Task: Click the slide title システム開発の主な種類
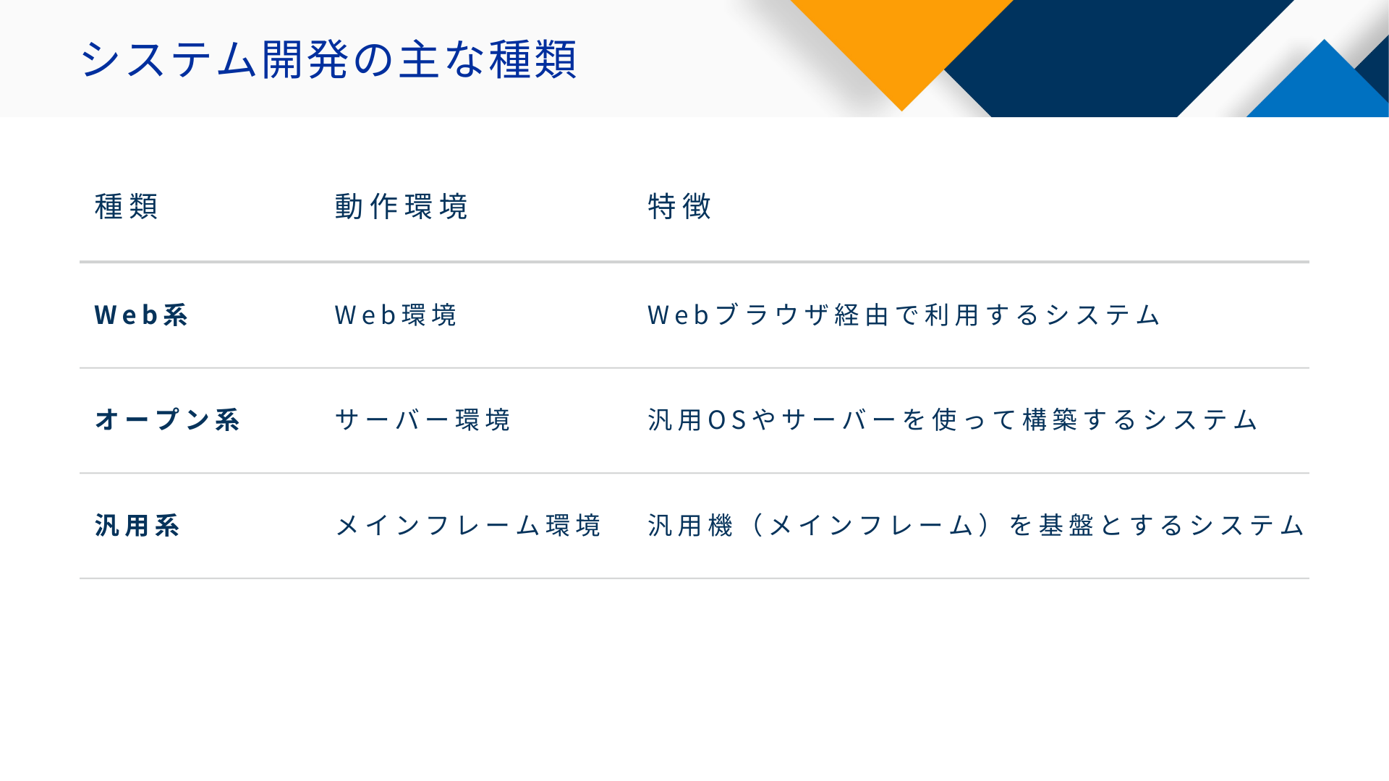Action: coord(328,59)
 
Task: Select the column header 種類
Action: coord(127,207)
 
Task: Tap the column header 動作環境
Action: coord(402,207)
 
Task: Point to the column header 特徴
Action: coord(680,207)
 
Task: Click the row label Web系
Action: coord(142,315)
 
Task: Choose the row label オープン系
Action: coord(168,420)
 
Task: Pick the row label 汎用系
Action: coord(137,526)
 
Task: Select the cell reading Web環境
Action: coord(396,315)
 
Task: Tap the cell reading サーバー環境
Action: coord(423,420)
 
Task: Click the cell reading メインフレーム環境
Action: coord(469,526)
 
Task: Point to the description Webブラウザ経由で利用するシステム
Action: coord(904,315)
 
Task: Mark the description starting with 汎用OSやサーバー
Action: coord(953,420)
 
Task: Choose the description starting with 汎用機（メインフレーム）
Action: coord(977,526)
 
